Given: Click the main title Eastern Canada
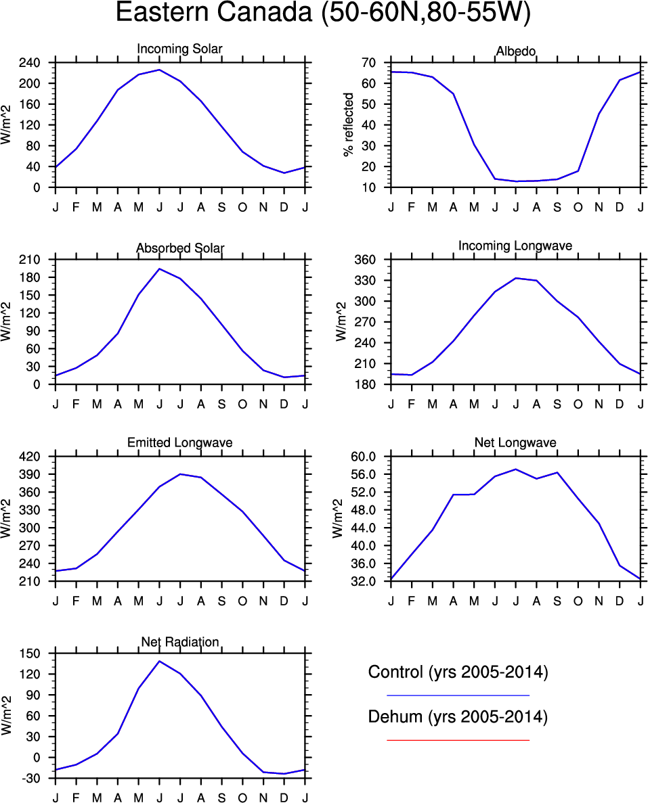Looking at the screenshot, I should pyautogui.click(x=323, y=14).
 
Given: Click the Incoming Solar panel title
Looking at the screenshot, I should pyautogui.click(x=179, y=49).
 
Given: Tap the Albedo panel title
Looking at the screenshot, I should pyautogui.click(x=516, y=52).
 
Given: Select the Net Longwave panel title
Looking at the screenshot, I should pyautogui.click(x=515, y=443).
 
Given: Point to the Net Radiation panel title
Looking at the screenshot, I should pyautogui.click(x=179, y=641).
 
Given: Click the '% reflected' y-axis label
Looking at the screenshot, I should pyautogui.click(x=349, y=125).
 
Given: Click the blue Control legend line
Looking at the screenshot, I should pyautogui.click(x=458, y=695).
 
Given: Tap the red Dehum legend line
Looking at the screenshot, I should pyautogui.click(x=458, y=740).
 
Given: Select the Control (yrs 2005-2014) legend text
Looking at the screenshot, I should pyautogui.click(x=458, y=672).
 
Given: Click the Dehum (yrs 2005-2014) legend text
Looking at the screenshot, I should pyautogui.click(x=458, y=717).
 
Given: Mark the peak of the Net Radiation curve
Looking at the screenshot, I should pyautogui.click(x=159, y=661).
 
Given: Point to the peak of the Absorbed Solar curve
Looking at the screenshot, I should pyautogui.click(x=159, y=269).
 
